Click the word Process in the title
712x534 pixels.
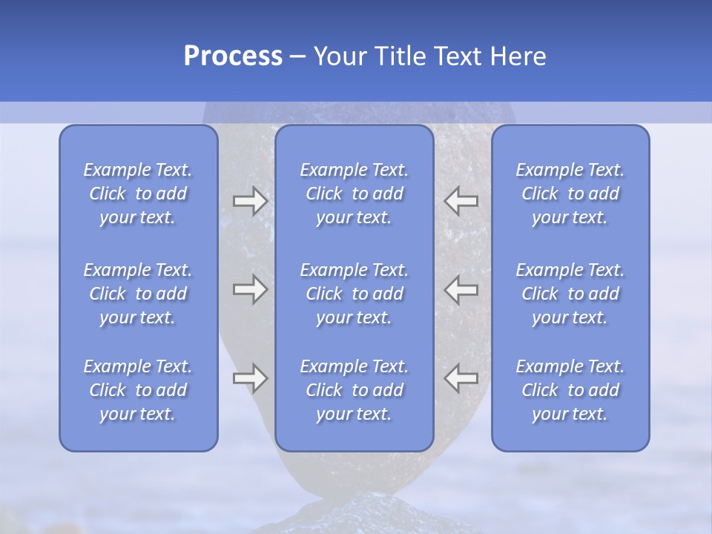click(233, 56)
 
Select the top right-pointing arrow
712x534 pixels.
click(250, 201)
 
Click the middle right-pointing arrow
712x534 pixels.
click(250, 289)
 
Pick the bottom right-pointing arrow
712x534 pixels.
click(250, 378)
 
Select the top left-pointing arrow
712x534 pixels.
click(461, 201)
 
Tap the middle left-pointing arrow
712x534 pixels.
click(461, 289)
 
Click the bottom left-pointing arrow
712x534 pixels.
click(461, 378)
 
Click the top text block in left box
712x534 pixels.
click(138, 194)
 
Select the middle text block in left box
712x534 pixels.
click(138, 294)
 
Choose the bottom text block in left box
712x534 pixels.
click(138, 390)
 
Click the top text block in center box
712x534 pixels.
click(354, 194)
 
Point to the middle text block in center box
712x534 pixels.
click(354, 294)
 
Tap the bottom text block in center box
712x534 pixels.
click(354, 390)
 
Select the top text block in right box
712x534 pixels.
click(570, 194)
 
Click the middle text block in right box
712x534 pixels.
click(570, 294)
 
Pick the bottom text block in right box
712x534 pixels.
click(570, 390)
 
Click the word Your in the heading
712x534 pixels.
click(338, 56)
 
